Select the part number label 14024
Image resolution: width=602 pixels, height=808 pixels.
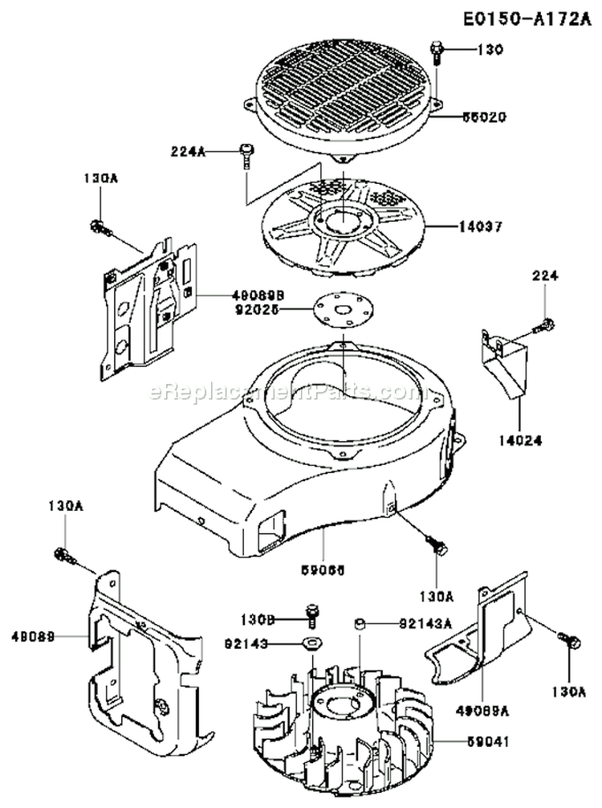tap(519, 440)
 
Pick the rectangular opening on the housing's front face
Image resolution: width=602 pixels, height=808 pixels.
tap(270, 532)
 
